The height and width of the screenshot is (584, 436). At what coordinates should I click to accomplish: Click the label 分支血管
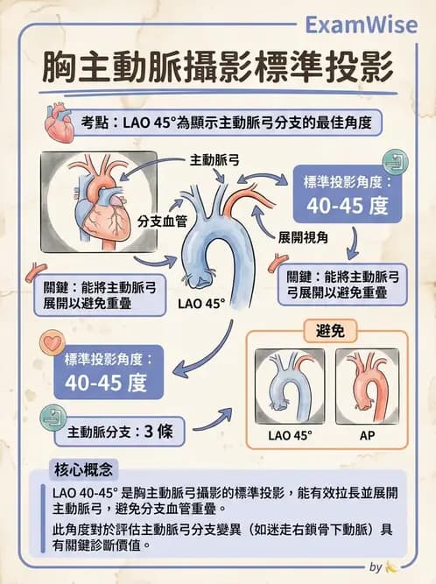pos(162,222)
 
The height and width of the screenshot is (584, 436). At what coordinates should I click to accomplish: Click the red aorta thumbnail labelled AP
pos(367,386)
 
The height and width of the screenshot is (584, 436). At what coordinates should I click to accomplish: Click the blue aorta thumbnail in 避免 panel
pos(290,386)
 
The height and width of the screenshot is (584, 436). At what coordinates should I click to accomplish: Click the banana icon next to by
pos(391,567)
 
